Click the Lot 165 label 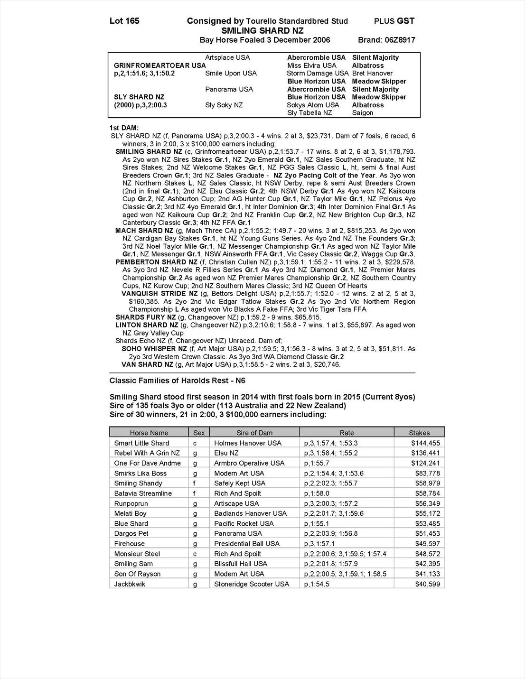pos(124,21)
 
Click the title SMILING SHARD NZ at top pos(262,30)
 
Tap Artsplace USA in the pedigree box pos(227,57)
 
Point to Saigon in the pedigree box pos(363,113)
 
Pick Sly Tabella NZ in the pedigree pos(309,113)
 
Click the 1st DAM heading pos(124,128)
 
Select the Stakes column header pos(419,433)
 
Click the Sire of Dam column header pos(254,433)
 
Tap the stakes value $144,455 pos(427,443)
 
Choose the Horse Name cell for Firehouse pos(129,544)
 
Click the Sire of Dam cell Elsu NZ pos(226,453)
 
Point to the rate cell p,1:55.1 pos(317,523)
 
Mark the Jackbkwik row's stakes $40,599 pos(427,584)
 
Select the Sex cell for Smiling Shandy pos(195,484)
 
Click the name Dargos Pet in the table pos(131,534)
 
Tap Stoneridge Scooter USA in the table pos(252,584)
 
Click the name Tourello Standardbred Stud pos(297,21)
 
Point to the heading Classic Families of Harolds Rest pos(177,381)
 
